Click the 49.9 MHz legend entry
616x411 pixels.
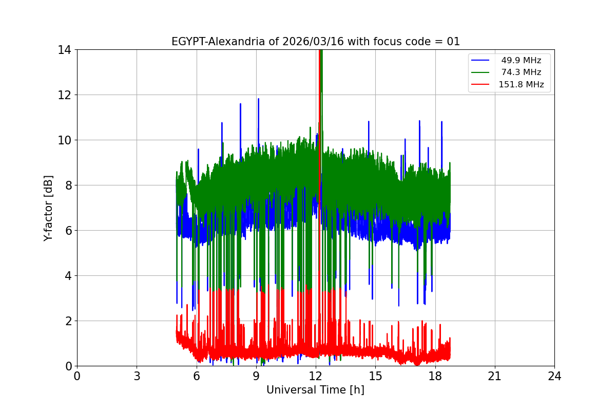pos(521,61)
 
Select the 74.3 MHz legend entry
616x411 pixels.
pos(521,72)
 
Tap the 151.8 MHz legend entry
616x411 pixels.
pos(521,85)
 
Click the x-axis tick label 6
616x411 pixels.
pos(196,376)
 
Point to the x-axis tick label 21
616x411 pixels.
pos(494,376)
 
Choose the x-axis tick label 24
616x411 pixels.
pos(554,376)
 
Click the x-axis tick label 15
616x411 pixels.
pos(375,376)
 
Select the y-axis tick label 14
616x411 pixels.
pos(64,50)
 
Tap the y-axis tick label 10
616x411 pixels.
pos(64,140)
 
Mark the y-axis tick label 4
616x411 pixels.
pos(67,276)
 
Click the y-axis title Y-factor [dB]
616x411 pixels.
pos(48,208)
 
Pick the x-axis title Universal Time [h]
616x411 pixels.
pos(315,390)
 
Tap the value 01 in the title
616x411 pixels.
pos(453,42)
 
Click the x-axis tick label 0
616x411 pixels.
pos(77,376)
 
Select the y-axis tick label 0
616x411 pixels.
pos(67,366)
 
